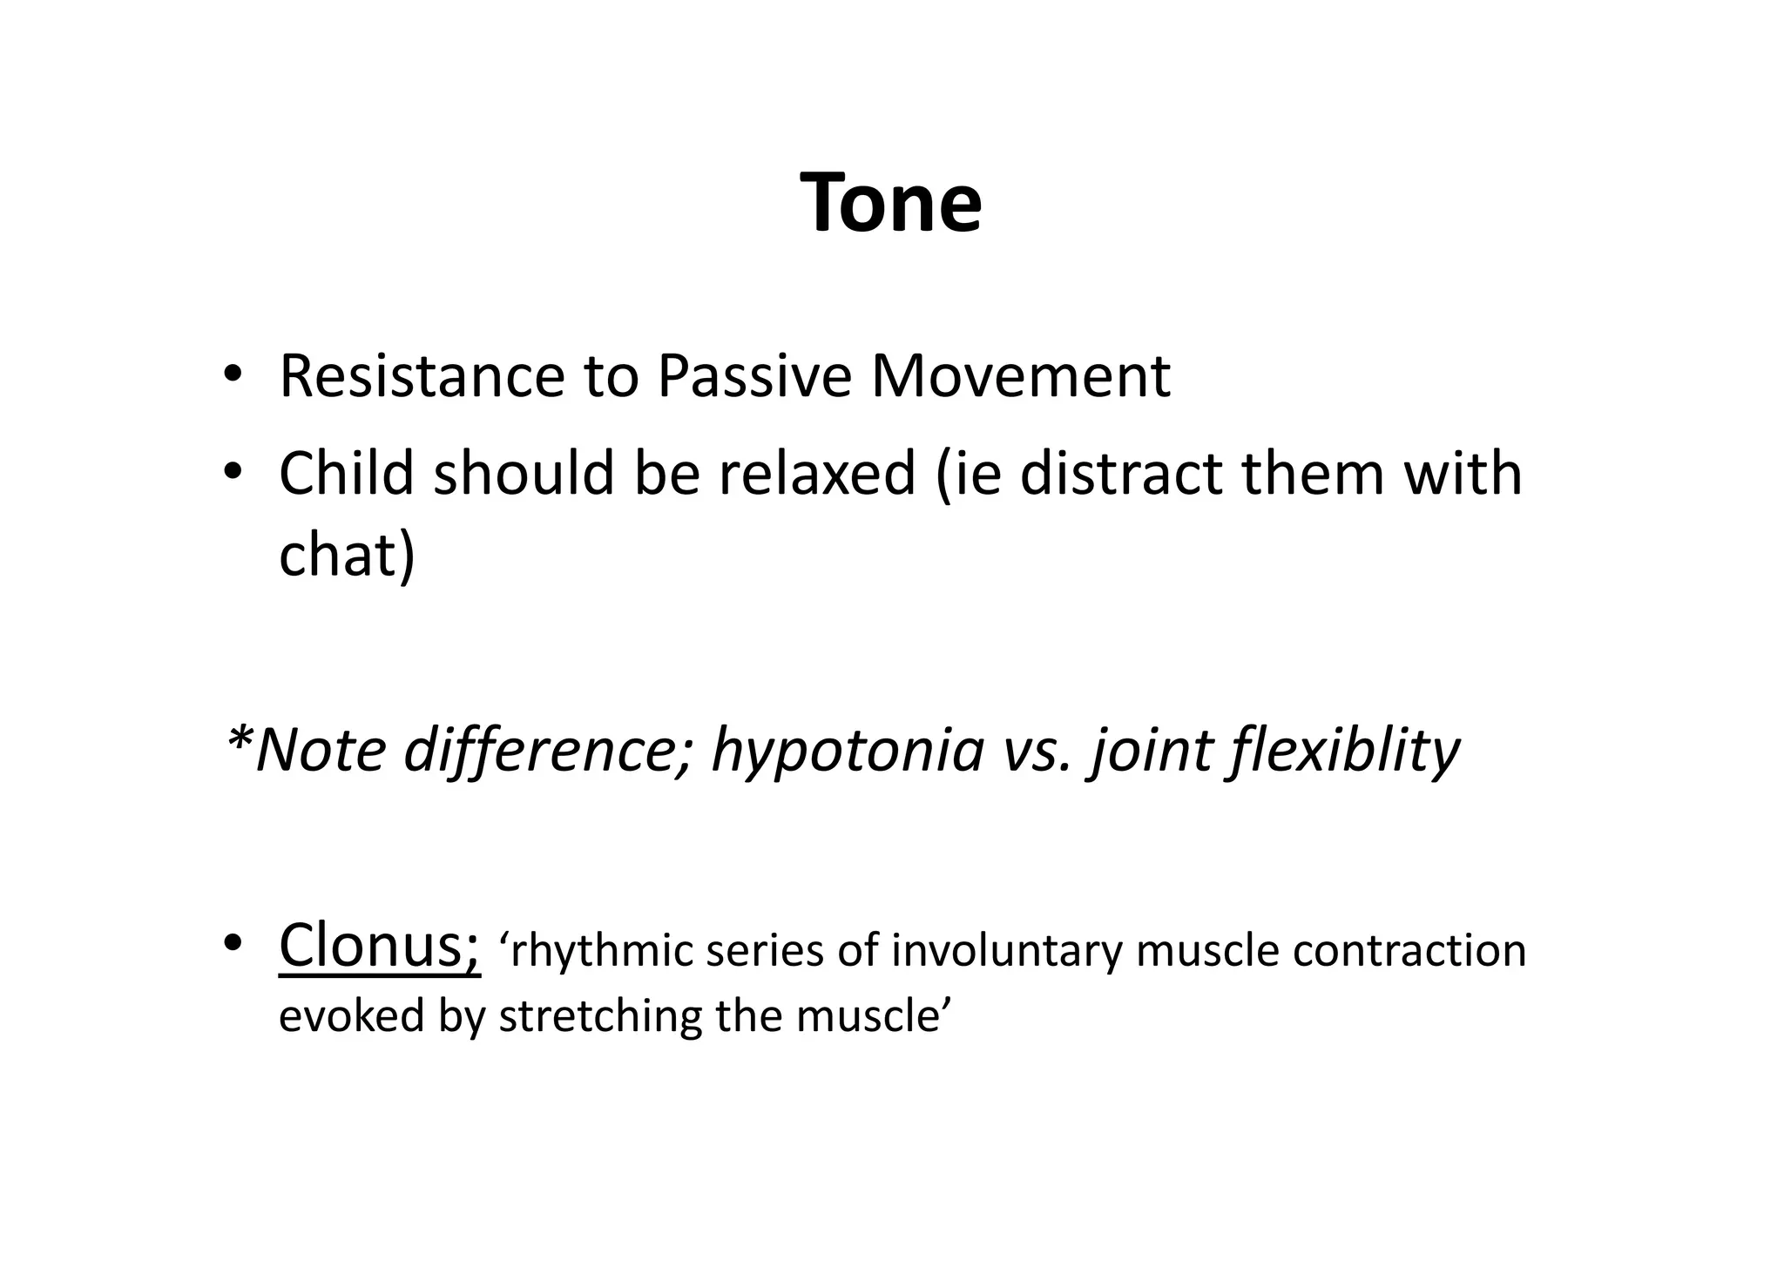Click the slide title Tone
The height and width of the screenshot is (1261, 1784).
point(891,203)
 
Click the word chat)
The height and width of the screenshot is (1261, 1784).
point(347,556)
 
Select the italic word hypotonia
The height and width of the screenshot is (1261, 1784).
point(848,750)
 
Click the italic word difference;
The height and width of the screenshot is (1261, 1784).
point(548,750)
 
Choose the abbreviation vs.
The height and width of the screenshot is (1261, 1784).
point(1035,750)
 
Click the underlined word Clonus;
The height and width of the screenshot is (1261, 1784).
point(379,946)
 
